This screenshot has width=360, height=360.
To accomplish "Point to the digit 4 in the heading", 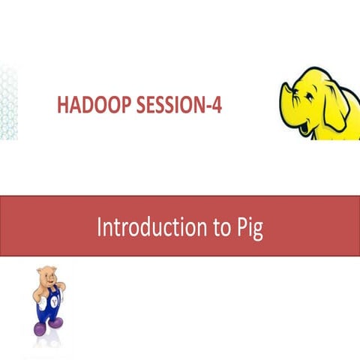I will (217, 106).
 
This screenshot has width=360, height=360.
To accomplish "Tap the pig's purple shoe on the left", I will (39, 328).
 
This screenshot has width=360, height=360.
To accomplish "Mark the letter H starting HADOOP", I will (62, 106).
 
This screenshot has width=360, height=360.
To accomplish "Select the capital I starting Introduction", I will (99, 226).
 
